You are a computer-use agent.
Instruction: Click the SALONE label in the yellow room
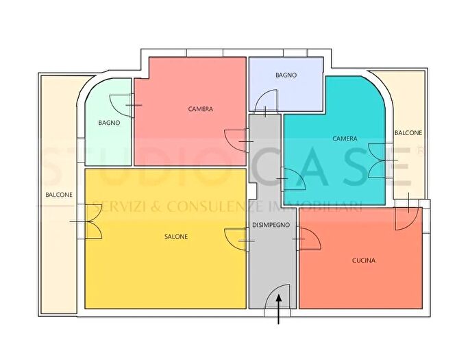pyautogui.click(x=176, y=237)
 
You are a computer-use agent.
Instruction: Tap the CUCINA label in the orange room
pyautogui.click(x=363, y=260)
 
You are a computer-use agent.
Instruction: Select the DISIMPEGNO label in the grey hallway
pyautogui.click(x=271, y=225)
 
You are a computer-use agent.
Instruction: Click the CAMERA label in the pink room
pyautogui.click(x=200, y=109)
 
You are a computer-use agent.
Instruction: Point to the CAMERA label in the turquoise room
pyautogui.click(x=345, y=139)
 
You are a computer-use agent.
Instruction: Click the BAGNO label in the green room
pyautogui.click(x=109, y=123)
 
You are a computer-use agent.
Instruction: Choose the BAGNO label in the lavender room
pyautogui.click(x=286, y=75)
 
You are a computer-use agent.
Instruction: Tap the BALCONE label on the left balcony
pyautogui.click(x=59, y=195)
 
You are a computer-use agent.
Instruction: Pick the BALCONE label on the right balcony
pyautogui.click(x=408, y=133)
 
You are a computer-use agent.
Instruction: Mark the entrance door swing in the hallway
pyautogui.click(x=282, y=299)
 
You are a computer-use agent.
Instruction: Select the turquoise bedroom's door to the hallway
pyautogui.click(x=295, y=180)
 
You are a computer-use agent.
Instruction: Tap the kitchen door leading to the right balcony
pyautogui.click(x=406, y=215)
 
